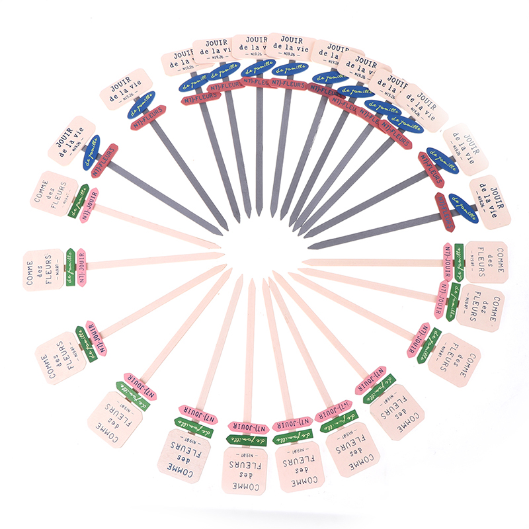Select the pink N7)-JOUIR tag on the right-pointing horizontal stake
pyautogui.click(x=81, y=266)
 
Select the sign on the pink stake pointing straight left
pyautogui.click(x=484, y=261)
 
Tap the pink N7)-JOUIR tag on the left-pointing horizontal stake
pyautogui.click(x=449, y=262)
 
